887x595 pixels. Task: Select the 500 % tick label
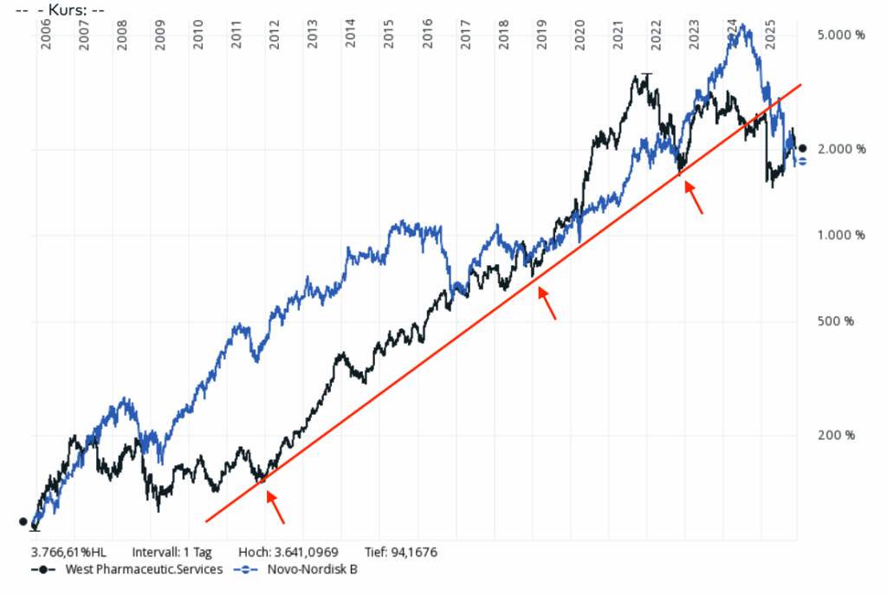click(x=836, y=321)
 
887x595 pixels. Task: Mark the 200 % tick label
click(x=836, y=435)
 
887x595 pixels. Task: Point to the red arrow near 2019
click(x=547, y=302)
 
